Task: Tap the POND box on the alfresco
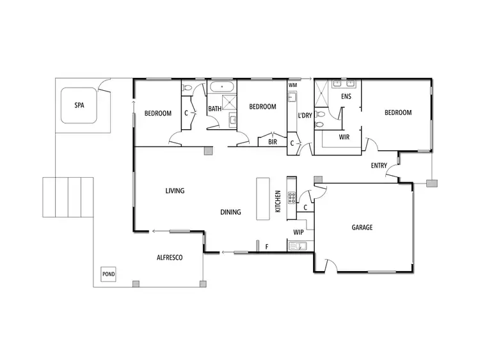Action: coord(108,274)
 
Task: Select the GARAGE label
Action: coord(362,227)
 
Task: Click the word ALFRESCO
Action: coord(170,257)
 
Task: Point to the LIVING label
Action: coord(174,191)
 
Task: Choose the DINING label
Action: coord(230,212)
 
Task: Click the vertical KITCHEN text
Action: coord(278,201)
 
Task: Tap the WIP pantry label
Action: coord(298,232)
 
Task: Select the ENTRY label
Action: coord(379,166)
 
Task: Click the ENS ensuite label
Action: coord(346,97)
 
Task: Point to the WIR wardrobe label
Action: coord(344,137)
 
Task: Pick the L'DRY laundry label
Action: coord(305,115)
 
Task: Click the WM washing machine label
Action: coord(292,85)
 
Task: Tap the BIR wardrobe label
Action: coord(272,143)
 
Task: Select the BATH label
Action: coord(214,109)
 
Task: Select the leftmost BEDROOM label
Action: coord(157,113)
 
